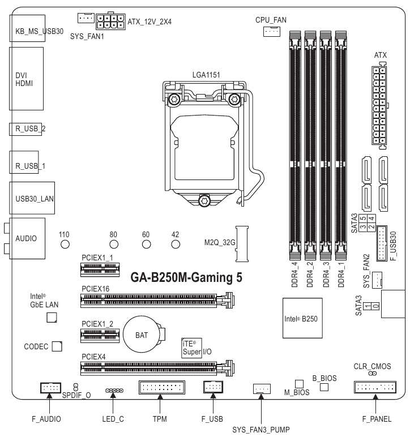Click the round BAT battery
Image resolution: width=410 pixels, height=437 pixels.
point(142,335)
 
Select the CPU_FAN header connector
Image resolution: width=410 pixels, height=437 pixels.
point(271,32)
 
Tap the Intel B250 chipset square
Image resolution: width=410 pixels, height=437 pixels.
point(302,319)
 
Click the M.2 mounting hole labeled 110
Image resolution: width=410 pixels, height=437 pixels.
point(65,245)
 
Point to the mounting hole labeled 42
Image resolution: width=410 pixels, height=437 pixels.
point(176,245)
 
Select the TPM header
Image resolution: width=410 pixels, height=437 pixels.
point(160,388)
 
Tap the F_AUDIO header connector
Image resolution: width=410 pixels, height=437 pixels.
point(50,388)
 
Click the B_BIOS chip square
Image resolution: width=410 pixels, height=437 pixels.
point(324,387)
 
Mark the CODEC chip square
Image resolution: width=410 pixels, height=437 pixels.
point(57,346)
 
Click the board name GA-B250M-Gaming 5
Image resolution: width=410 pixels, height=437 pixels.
point(182,277)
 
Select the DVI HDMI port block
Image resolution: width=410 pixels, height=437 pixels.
point(27,79)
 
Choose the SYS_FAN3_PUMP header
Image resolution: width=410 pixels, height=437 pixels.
point(260,388)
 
